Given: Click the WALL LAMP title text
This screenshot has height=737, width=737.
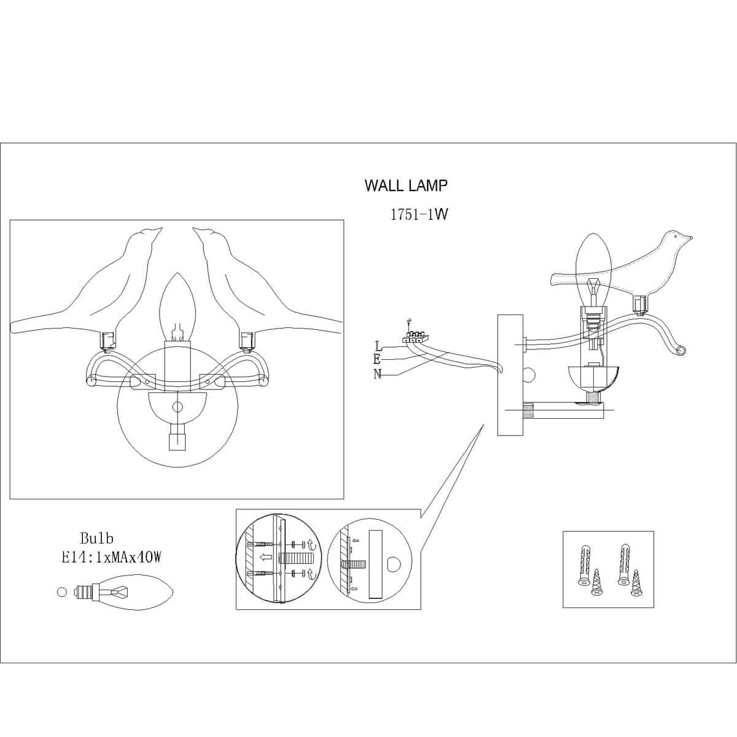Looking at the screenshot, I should pos(406,185).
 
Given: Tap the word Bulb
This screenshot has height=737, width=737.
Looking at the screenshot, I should pos(96,539).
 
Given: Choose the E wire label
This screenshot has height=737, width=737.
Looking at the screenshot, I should pos(376,360).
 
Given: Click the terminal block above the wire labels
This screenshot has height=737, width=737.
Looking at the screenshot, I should pos(413,336).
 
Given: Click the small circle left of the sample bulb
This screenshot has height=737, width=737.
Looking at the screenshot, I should pos(61,592).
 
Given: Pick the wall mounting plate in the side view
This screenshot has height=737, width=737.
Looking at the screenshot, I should pos(509,375).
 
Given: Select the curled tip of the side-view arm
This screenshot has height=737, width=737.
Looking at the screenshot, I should pos(680,349).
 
